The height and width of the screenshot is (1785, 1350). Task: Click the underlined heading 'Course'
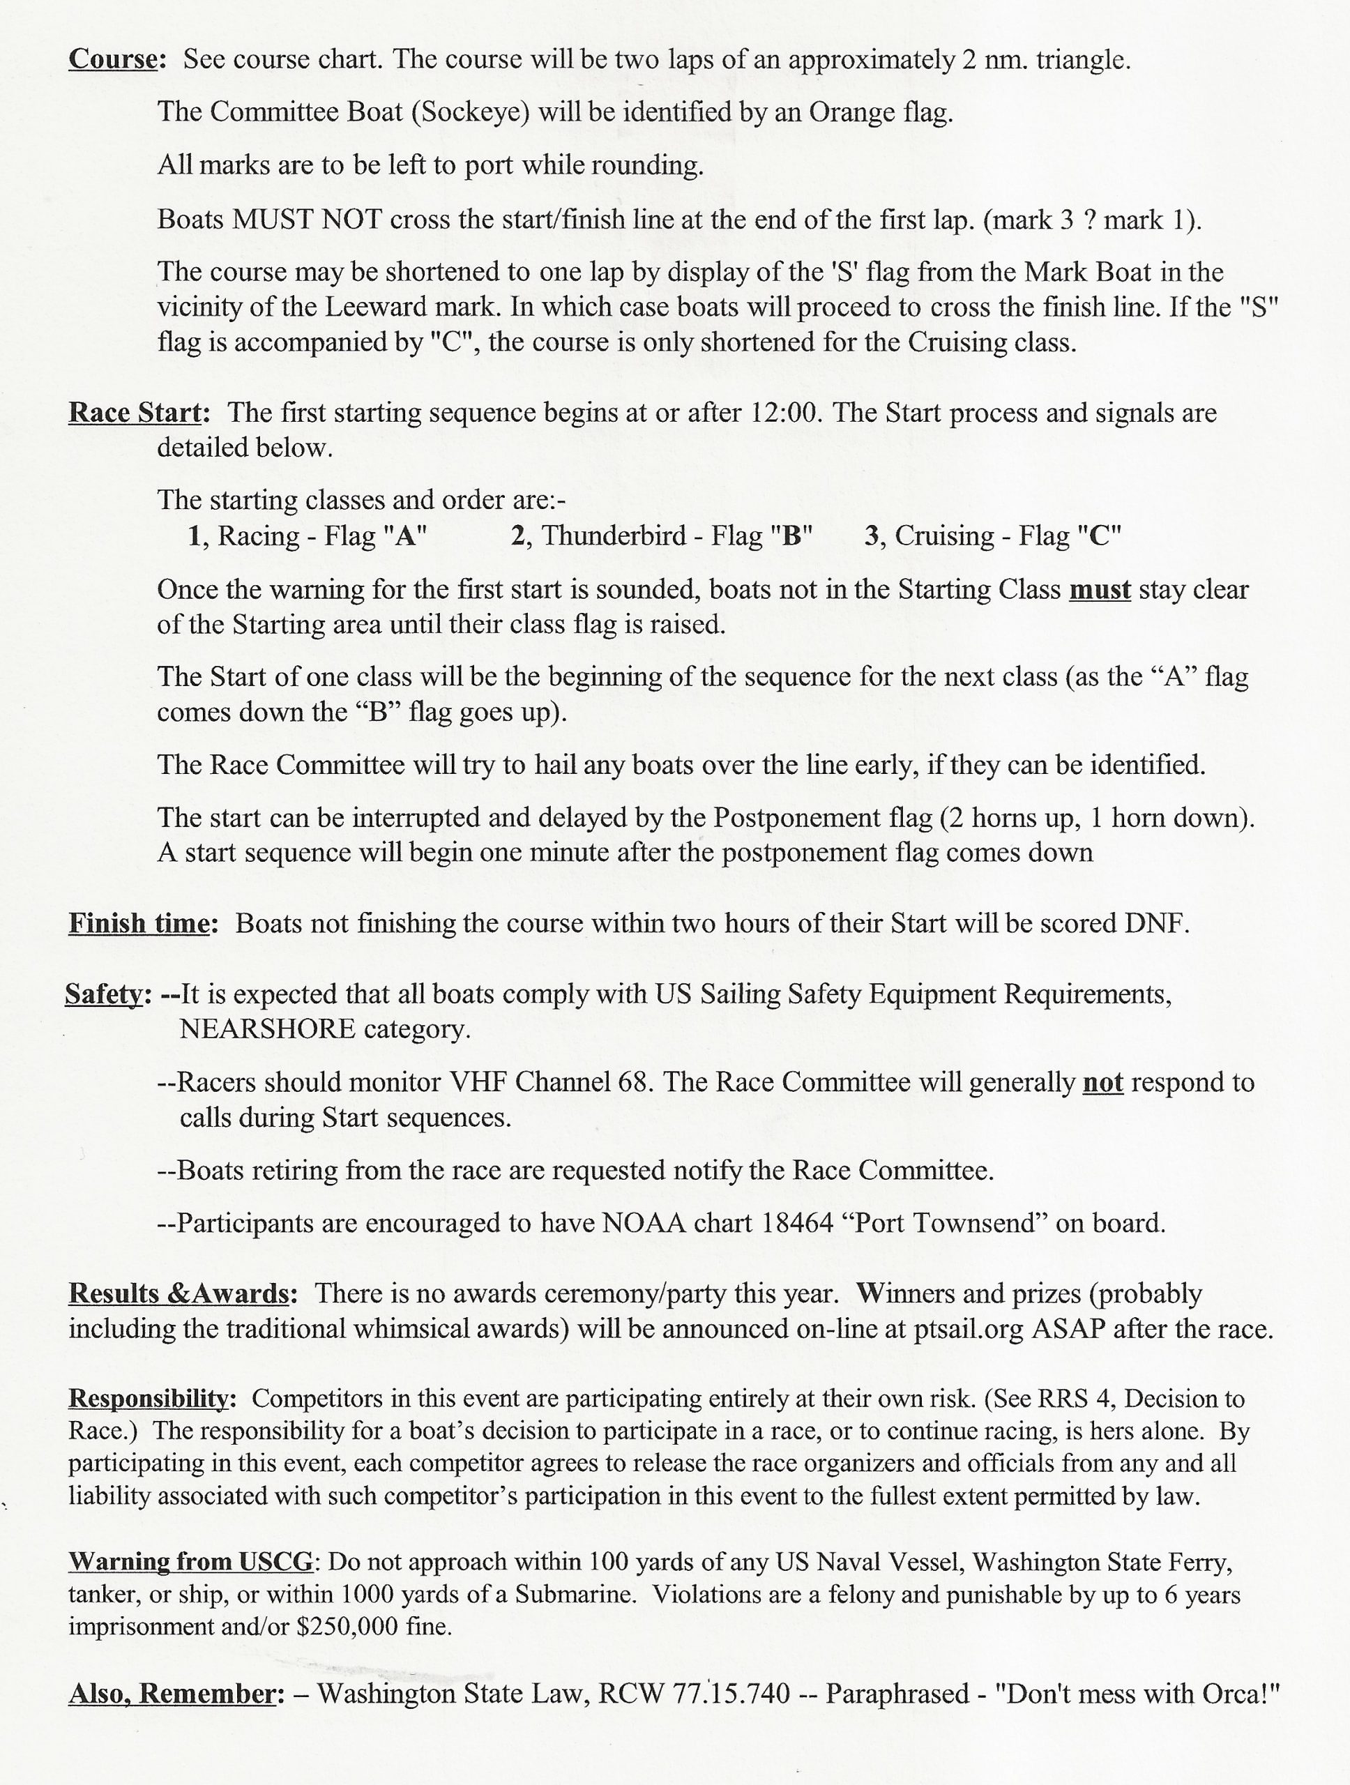coord(113,60)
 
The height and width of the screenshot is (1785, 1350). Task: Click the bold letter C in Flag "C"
coord(1100,535)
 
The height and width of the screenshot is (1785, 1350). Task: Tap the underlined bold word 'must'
coord(1099,589)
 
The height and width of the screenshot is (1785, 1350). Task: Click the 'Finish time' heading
coord(139,922)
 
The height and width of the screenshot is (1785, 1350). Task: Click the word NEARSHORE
coord(267,1029)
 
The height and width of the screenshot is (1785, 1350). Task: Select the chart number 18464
coord(797,1222)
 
